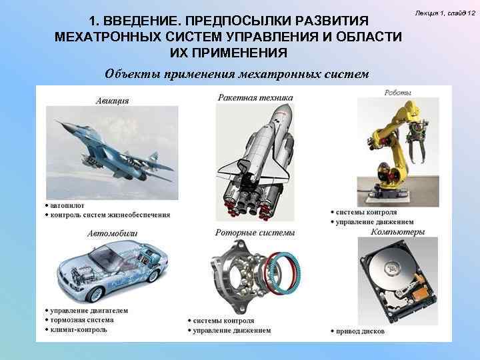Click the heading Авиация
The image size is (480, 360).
[113, 101]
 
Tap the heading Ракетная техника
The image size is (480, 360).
[255, 97]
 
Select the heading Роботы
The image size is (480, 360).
[397, 93]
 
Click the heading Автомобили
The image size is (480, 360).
[113, 233]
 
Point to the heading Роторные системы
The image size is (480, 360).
[255, 233]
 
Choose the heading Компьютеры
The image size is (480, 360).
[397, 232]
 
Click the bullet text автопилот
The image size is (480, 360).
[67, 206]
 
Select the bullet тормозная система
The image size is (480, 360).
[82, 320]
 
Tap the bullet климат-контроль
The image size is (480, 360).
[79, 330]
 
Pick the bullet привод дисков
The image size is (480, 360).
[360, 331]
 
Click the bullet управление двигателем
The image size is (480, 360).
[89, 311]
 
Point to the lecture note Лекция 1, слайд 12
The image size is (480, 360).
[445, 13]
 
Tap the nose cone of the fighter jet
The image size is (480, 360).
[57, 121]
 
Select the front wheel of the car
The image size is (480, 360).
[95, 295]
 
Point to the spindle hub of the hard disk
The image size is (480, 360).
[392, 268]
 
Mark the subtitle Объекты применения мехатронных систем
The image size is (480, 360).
[237, 75]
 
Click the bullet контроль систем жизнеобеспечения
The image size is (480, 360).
[110, 215]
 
